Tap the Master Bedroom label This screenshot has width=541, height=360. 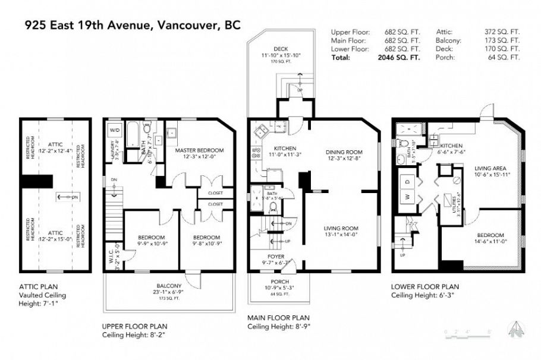tap(199, 150)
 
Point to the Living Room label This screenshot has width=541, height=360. tap(341, 228)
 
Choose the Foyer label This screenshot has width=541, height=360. tap(275, 257)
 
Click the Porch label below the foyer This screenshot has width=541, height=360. tap(279, 282)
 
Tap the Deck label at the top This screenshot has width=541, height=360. tap(281, 49)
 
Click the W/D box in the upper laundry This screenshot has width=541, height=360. tap(114, 130)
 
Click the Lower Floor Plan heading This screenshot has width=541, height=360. tap(424, 286)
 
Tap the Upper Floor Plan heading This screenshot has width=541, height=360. tap(134, 326)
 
